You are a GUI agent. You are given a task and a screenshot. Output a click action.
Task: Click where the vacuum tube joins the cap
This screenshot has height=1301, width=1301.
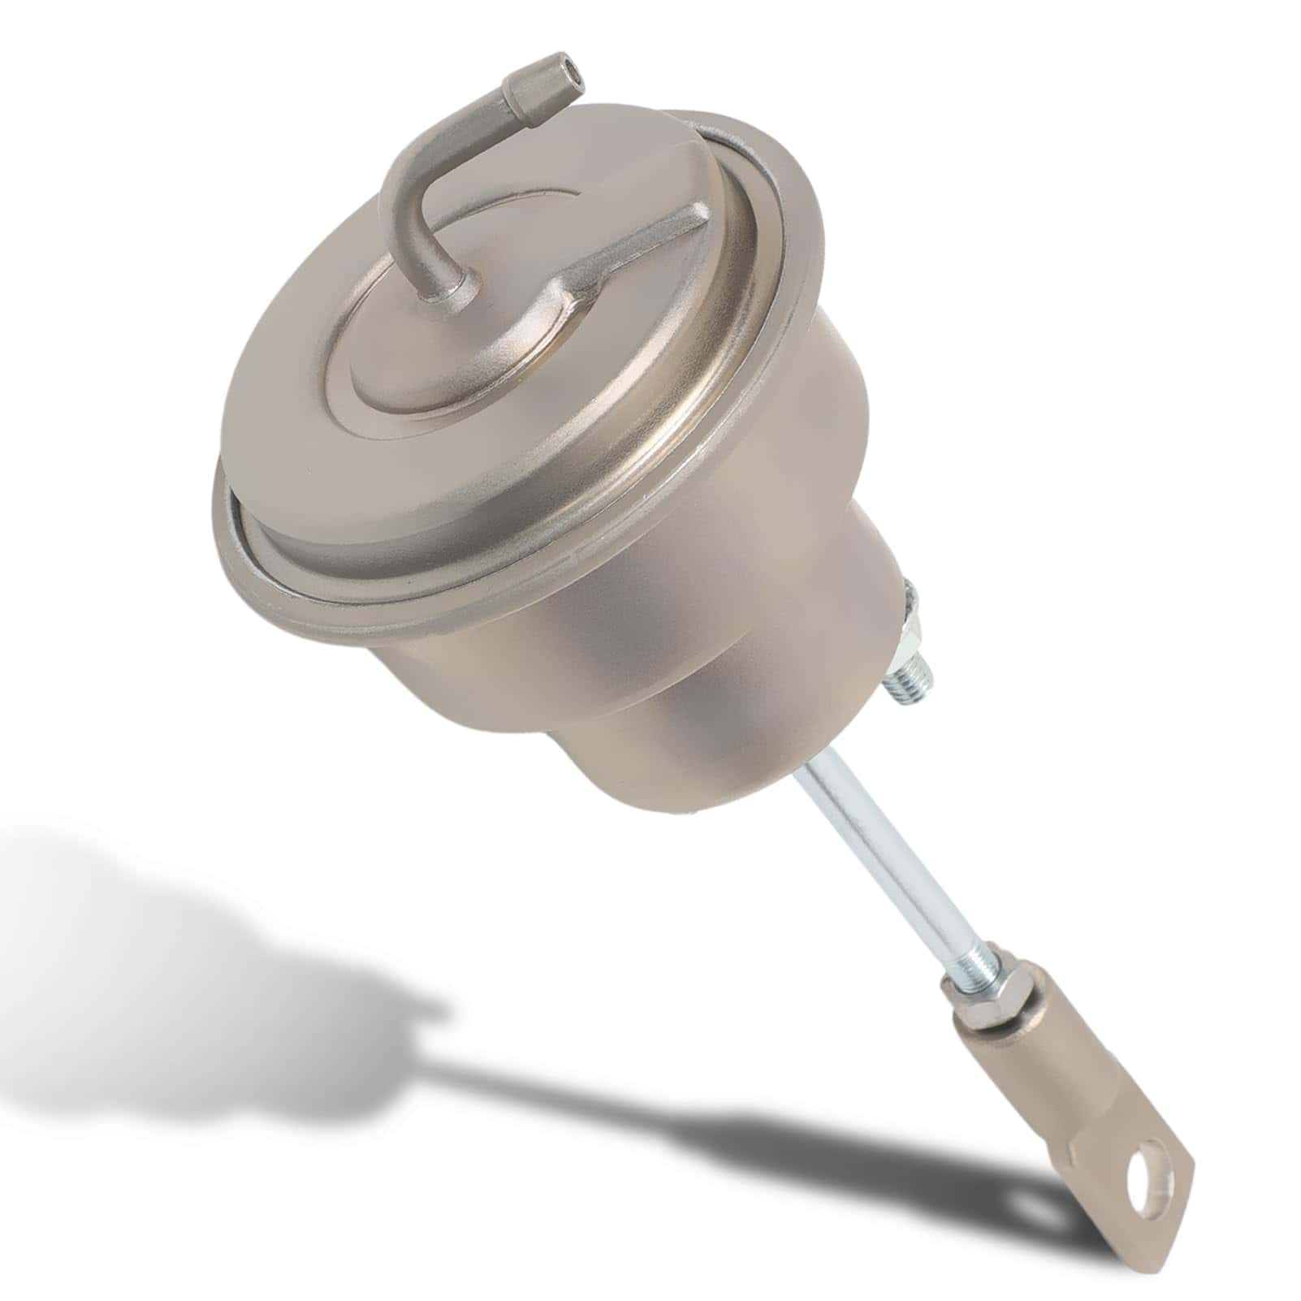pyautogui.click(x=445, y=286)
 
